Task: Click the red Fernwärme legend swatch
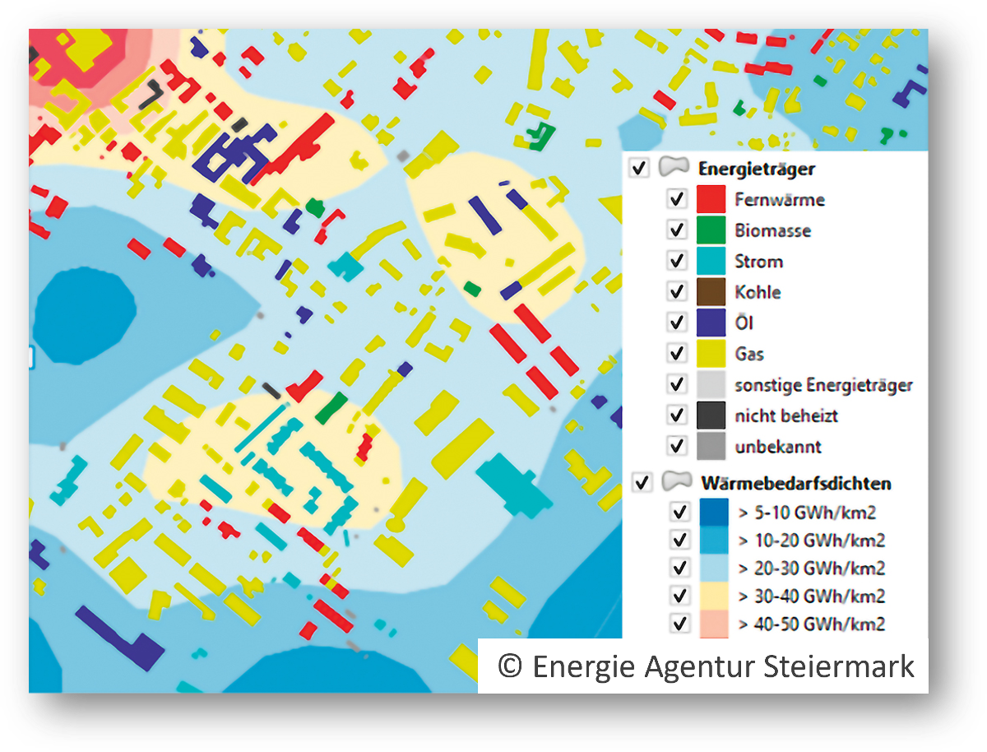[x=711, y=199]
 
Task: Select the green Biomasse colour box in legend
[x=711, y=230]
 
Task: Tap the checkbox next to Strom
[x=677, y=261]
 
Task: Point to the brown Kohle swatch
[x=711, y=292]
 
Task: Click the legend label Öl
[x=744, y=323]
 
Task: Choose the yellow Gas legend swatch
[x=711, y=354]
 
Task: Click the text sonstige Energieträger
[x=823, y=385]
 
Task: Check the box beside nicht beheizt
[x=677, y=415]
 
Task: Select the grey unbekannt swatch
[x=711, y=447]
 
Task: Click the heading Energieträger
[x=756, y=169]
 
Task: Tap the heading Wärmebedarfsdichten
[x=795, y=482]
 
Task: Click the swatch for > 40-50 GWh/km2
[x=714, y=624]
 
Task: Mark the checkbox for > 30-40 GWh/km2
[x=679, y=595]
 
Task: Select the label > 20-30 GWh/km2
[x=811, y=568]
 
